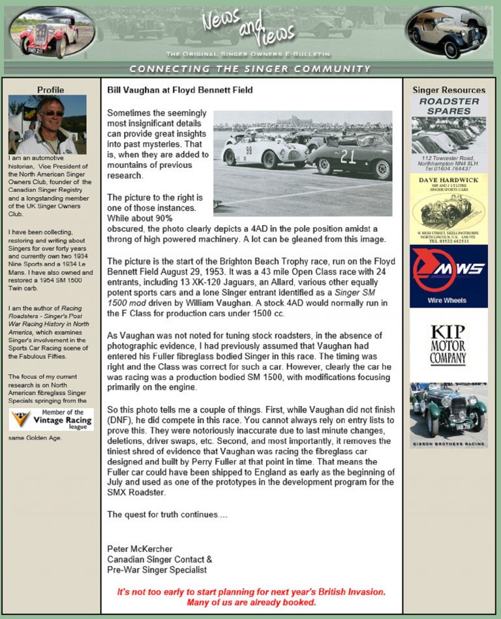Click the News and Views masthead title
tap(248, 29)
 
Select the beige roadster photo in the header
tap(447, 33)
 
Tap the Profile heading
tap(50, 90)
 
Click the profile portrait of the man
tap(47, 124)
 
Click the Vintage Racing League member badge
tap(52, 419)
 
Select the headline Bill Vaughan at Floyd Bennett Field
tap(179, 90)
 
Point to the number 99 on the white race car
tap(249, 150)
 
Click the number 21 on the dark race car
tap(348, 157)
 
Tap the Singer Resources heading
tap(449, 90)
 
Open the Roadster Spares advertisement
tap(448, 134)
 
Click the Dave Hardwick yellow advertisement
tap(448, 209)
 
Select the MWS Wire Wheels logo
tap(448, 276)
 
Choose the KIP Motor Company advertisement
tap(448, 345)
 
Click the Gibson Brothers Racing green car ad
tap(448, 415)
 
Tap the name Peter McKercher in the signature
tap(140, 549)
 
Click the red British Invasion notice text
tap(251, 597)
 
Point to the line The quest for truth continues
tap(167, 515)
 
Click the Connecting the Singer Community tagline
tap(250, 69)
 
